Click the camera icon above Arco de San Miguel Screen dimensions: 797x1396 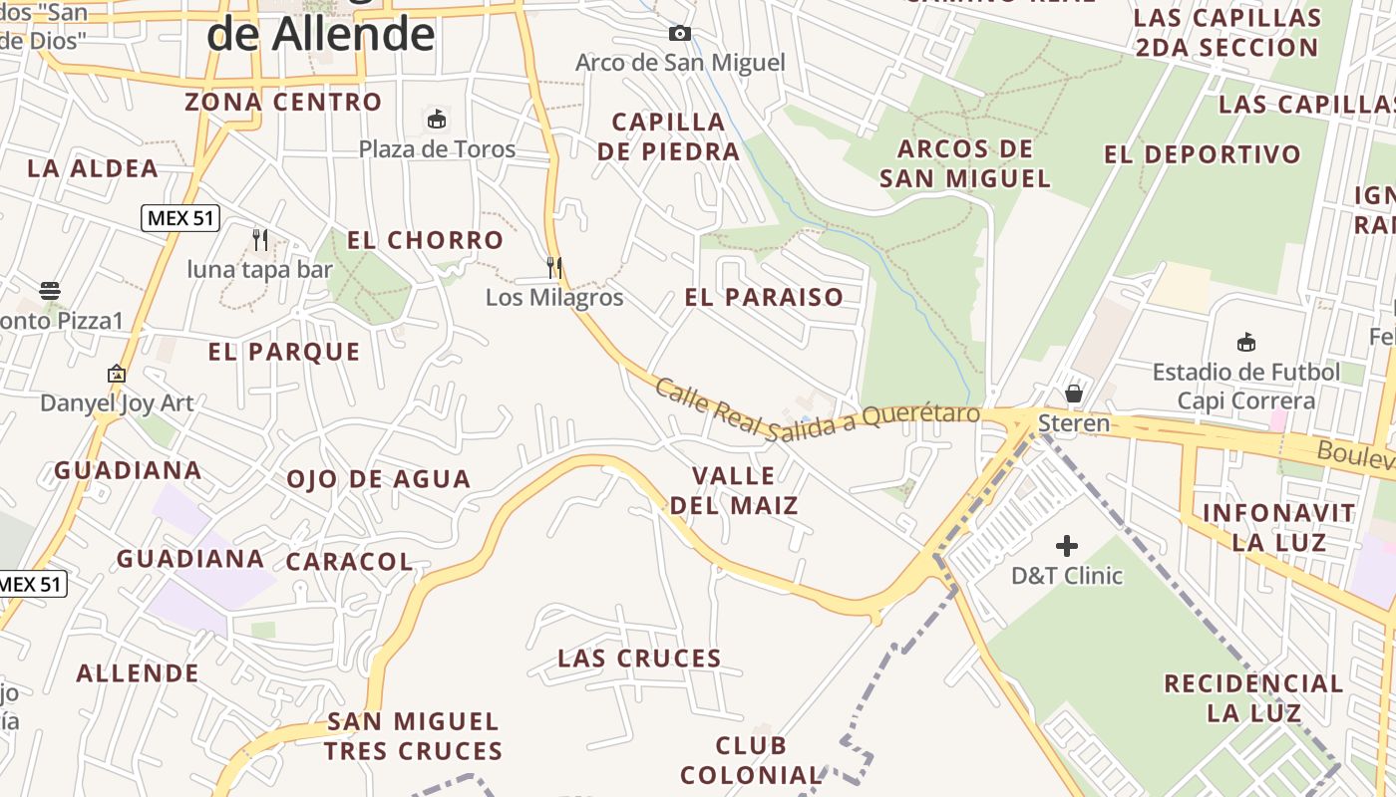pyautogui.click(x=680, y=34)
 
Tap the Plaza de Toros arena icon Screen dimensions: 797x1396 pyautogui.click(x=436, y=120)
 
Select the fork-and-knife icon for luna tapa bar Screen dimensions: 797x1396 pyautogui.click(x=260, y=240)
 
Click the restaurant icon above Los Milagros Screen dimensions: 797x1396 pyautogui.click(x=554, y=268)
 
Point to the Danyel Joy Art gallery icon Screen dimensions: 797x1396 pyautogui.click(x=117, y=375)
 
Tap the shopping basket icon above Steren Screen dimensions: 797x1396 pyautogui.click(x=1074, y=394)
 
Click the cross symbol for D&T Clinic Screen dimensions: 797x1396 pyautogui.click(x=1067, y=546)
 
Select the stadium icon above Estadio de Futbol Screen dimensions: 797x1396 pyautogui.click(x=1245, y=343)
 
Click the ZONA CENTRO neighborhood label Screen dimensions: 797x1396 pyautogui.click(x=283, y=102)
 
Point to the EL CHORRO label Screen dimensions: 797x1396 pyautogui.click(x=425, y=240)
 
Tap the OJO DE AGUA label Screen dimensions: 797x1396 pyautogui.click(x=378, y=479)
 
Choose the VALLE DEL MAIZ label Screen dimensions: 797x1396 pyautogui.click(x=734, y=490)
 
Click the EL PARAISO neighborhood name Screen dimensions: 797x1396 pyautogui.click(x=764, y=297)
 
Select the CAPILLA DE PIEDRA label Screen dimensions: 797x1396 pyautogui.click(x=676, y=136)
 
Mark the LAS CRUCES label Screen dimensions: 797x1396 pyautogui.click(x=639, y=659)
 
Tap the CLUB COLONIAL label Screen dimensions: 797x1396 pyautogui.click(x=751, y=760)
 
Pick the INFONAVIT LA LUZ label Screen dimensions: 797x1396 pyautogui.click(x=1278, y=528)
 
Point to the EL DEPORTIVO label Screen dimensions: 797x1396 pyautogui.click(x=1203, y=154)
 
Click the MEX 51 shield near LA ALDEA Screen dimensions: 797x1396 pyautogui.click(x=180, y=218)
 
